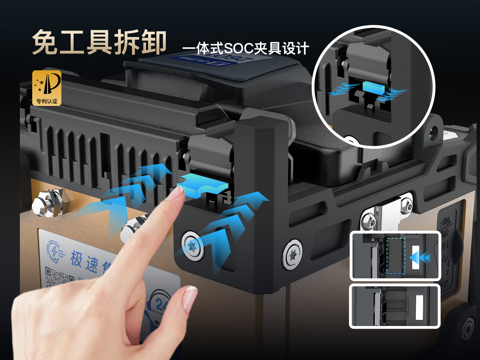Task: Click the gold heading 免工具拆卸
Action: (99, 42)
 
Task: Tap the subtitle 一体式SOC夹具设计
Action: (246, 48)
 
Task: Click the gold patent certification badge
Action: (47, 88)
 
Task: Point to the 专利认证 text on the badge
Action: (47, 101)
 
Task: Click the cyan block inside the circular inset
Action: (373, 87)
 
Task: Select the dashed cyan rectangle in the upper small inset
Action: (396, 255)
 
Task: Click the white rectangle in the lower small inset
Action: (419, 306)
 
